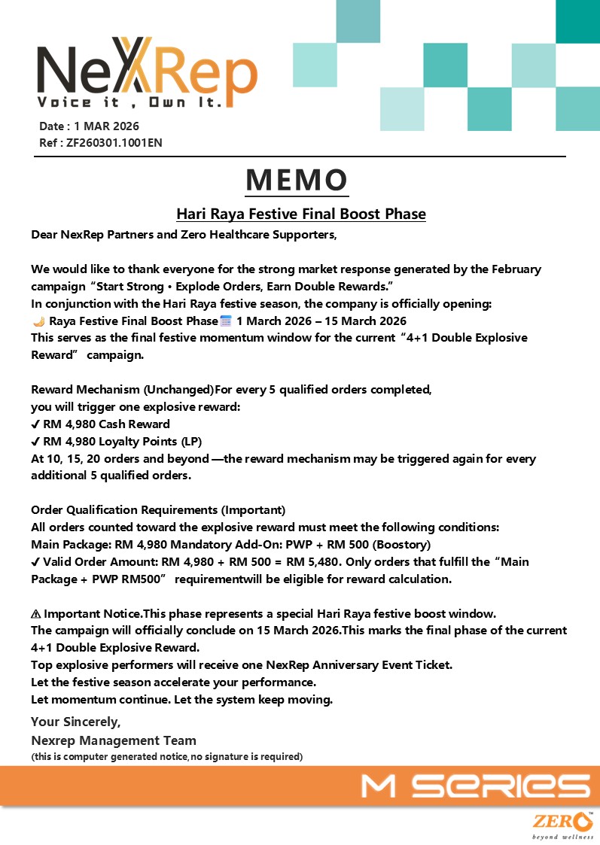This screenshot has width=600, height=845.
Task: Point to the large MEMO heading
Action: (x=297, y=179)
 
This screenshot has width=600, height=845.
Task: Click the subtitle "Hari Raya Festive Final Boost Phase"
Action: (x=301, y=214)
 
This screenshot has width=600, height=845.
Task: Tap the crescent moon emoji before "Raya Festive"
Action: (x=39, y=321)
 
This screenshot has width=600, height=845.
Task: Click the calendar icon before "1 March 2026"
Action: (x=225, y=321)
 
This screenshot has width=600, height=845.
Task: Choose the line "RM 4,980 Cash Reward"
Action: (x=106, y=424)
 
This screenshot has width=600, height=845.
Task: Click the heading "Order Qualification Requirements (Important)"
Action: (x=158, y=510)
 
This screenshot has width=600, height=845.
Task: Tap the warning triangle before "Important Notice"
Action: (x=36, y=613)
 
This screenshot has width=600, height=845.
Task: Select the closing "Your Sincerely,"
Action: (x=75, y=722)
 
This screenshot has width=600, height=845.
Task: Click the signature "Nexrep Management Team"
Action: (x=114, y=740)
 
